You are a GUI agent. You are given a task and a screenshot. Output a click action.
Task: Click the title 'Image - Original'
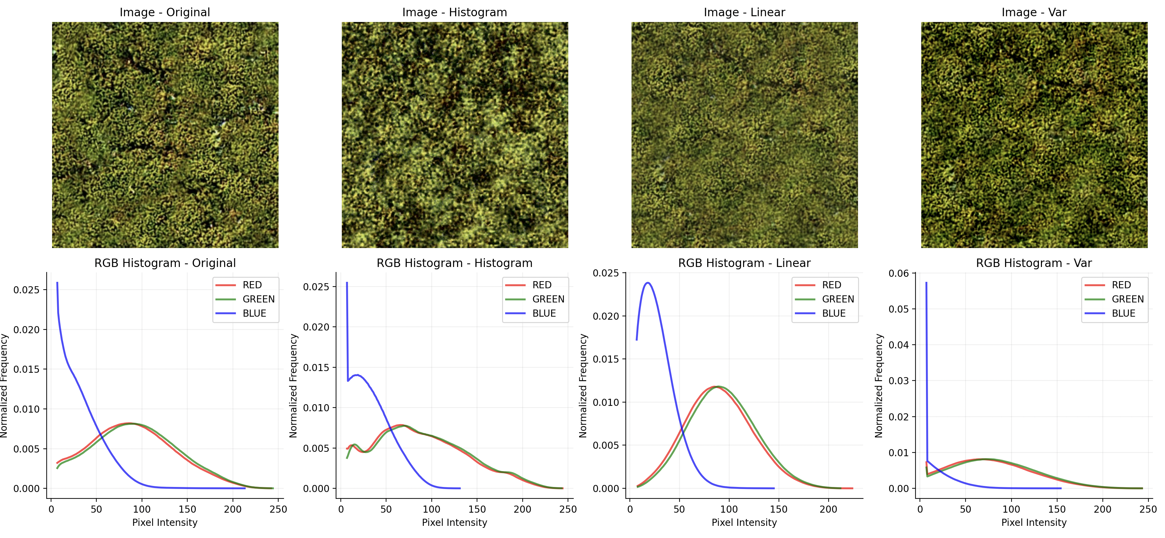[165, 12]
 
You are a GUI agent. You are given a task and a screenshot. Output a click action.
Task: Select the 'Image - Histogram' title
[454, 12]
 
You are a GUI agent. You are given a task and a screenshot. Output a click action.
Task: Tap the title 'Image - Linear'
[744, 12]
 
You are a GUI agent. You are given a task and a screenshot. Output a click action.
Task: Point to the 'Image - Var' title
[1034, 12]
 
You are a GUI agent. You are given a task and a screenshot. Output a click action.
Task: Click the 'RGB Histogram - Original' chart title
[165, 263]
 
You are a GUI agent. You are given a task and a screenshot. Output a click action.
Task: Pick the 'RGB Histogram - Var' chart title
[1034, 263]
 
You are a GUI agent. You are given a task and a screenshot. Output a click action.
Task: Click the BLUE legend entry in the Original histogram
[254, 313]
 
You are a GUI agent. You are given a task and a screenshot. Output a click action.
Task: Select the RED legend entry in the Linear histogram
[831, 285]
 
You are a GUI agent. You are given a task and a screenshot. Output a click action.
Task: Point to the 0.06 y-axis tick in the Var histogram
[899, 273]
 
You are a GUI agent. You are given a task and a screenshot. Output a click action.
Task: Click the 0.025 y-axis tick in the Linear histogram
[606, 273]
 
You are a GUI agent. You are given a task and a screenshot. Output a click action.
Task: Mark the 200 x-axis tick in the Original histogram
[233, 509]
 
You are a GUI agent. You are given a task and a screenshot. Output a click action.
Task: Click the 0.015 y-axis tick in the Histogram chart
[316, 368]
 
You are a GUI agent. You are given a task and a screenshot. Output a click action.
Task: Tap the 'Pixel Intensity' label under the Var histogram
[1034, 523]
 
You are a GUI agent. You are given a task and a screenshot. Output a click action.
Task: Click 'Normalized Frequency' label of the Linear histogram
[584, 386]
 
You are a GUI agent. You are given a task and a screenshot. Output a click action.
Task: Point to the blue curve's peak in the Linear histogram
[648, 283]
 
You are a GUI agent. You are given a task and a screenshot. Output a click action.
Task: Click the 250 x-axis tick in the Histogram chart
[568, 509]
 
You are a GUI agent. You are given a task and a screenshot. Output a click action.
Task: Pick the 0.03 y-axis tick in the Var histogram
[899, 381]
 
